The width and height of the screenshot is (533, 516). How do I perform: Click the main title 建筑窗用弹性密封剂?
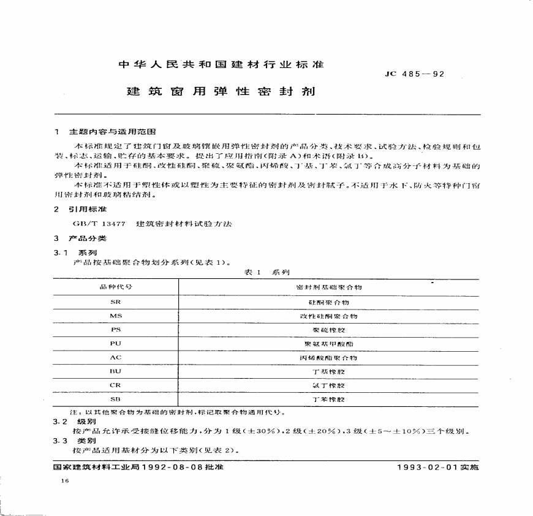coord(221,92)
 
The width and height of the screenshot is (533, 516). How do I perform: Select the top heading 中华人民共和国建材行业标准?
coord(220,64)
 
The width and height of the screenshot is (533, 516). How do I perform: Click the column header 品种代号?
coord(116,287)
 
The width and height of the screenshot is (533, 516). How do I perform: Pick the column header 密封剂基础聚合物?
coord(329,287)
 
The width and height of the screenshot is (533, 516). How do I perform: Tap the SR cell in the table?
coord(116,303)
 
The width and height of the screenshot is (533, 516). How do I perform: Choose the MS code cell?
coord(116,316)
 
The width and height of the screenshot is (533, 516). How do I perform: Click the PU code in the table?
coord(116,344)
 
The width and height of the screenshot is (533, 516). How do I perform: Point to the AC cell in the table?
coord(116,357)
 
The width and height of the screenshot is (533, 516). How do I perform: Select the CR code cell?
coord(116,385)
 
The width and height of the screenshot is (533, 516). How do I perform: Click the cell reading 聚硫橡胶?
coord(329,330)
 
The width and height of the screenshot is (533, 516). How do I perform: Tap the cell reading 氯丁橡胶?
coord(329,385)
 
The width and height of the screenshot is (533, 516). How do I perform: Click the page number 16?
coord(65,482)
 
